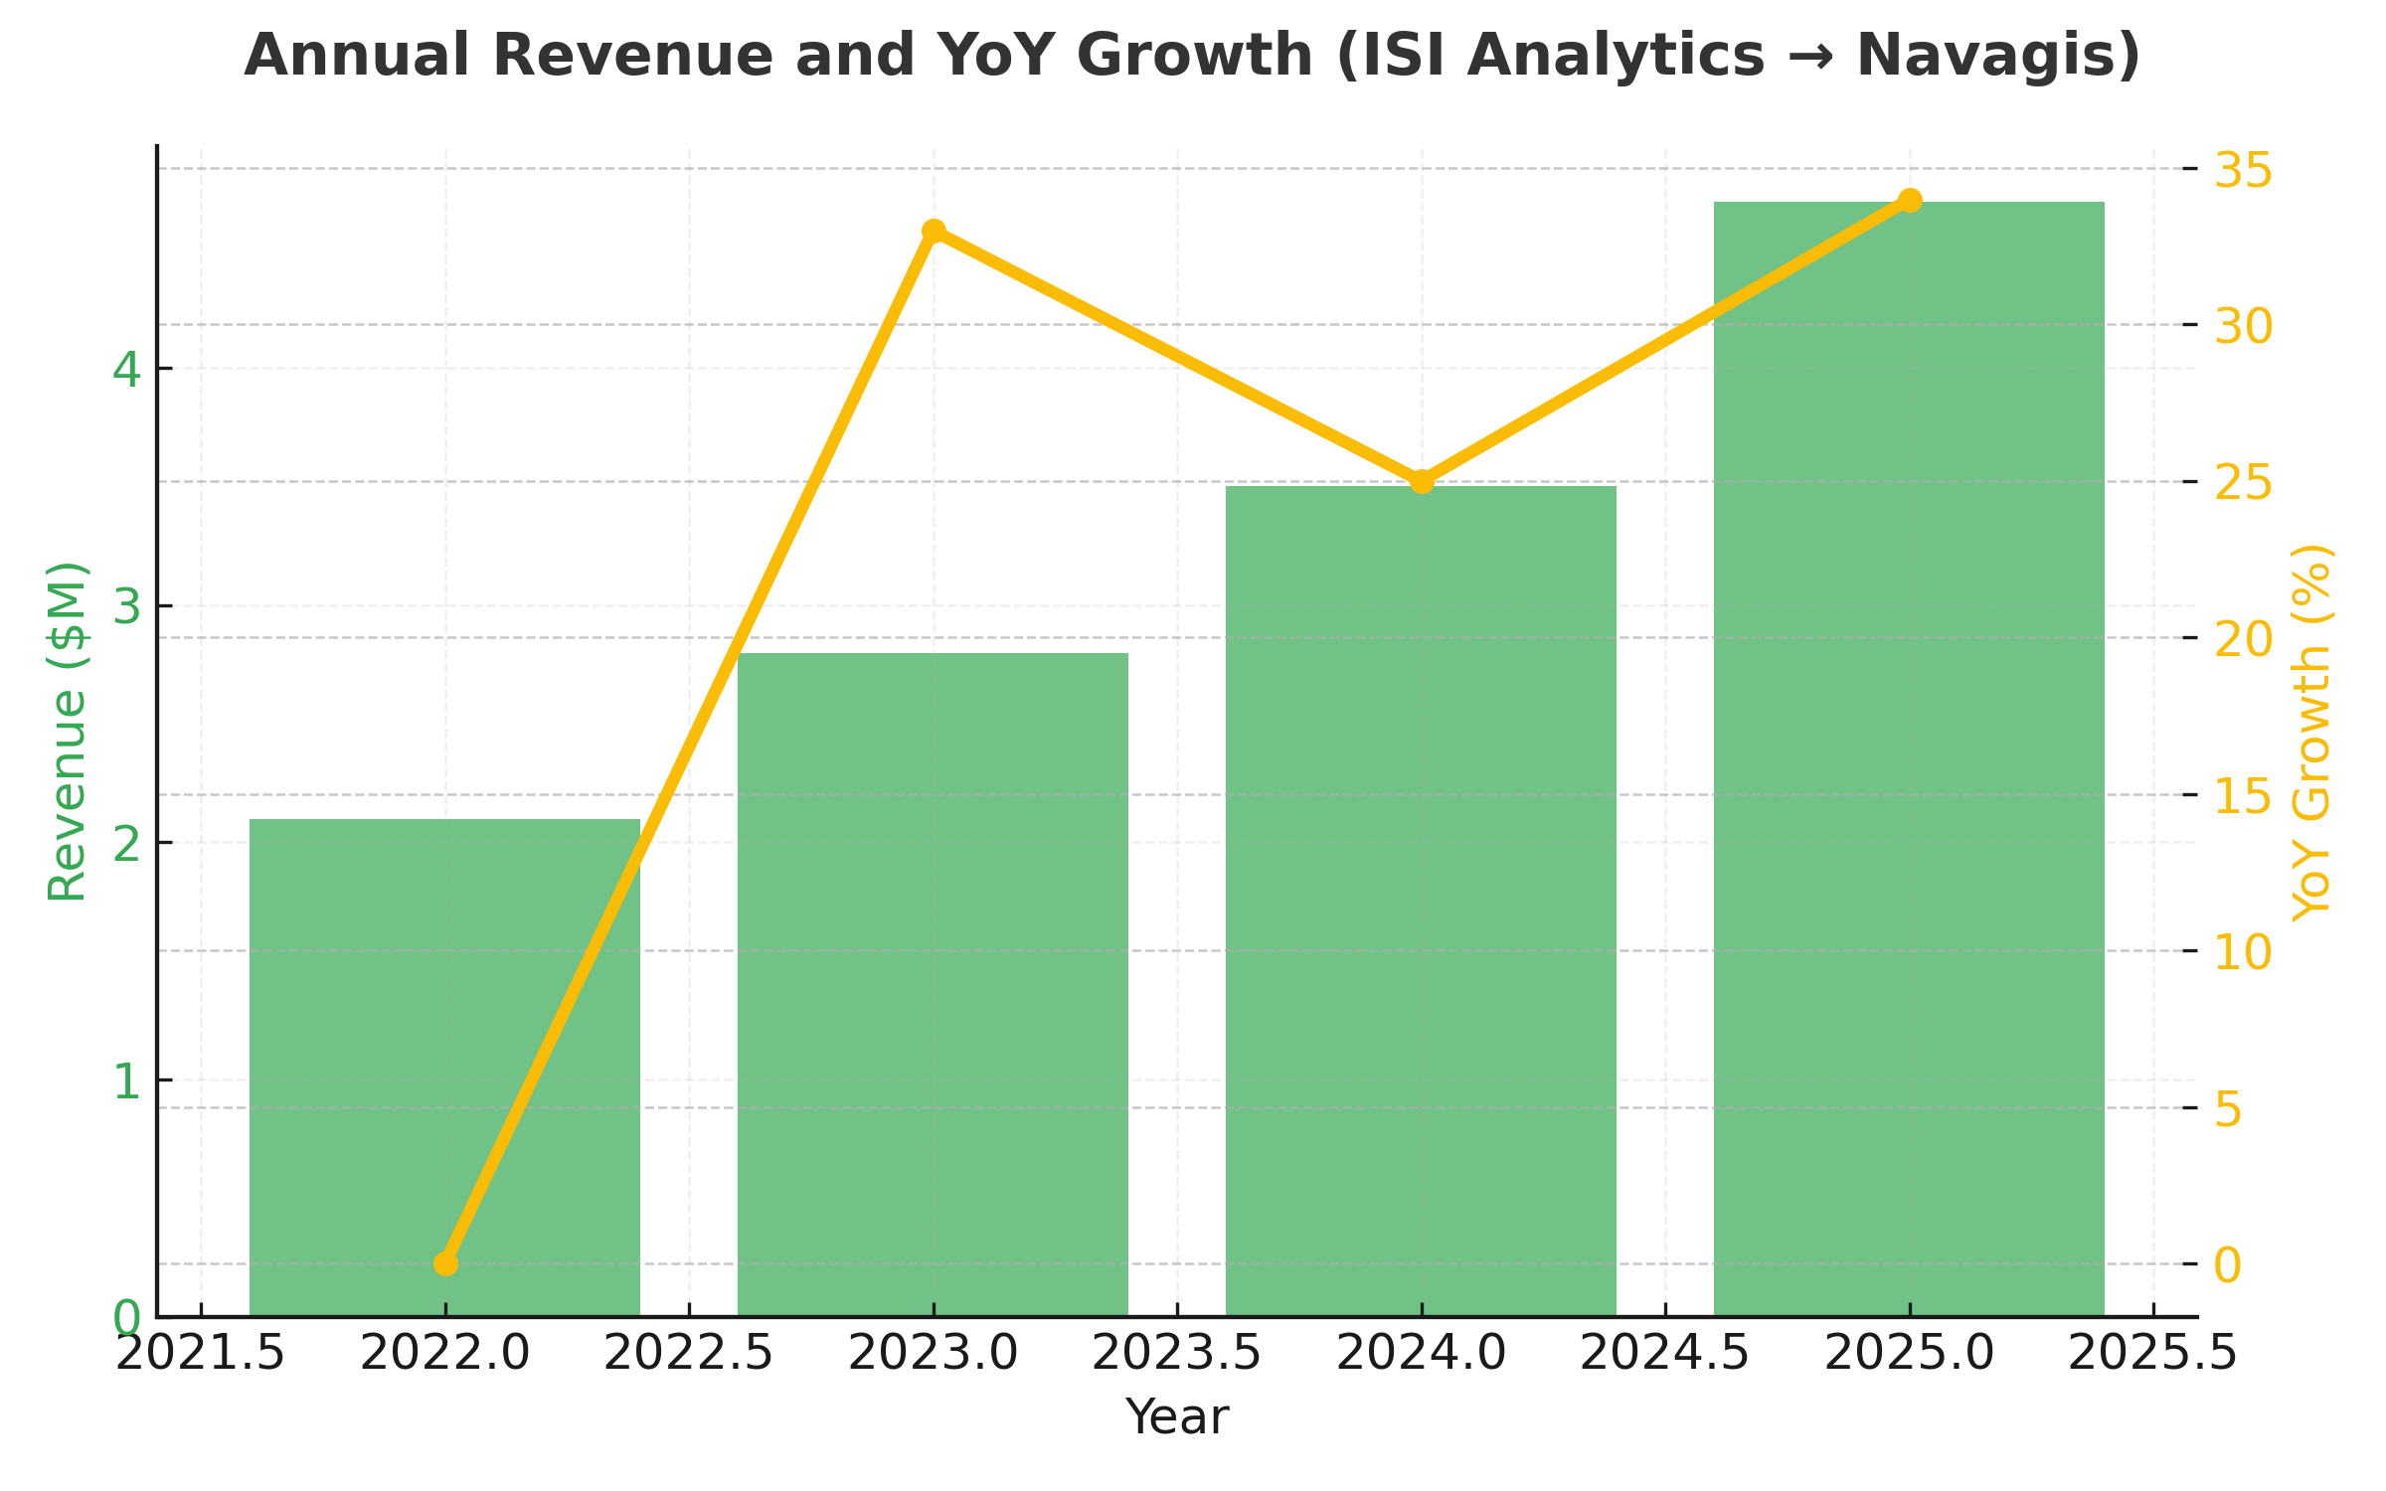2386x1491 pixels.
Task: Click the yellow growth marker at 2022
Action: pos(445,1263)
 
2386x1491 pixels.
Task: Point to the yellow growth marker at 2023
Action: pos(934,232)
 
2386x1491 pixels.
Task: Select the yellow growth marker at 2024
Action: pos(1422,482)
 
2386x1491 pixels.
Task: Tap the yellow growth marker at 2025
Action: pos(1910,201)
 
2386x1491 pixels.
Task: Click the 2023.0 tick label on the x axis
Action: pos(933,1354)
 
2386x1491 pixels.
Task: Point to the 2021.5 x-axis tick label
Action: pos(201,1354)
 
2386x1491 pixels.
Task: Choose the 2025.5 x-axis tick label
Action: pos(2152,1354)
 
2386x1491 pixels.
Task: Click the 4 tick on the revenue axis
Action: pos(126,370)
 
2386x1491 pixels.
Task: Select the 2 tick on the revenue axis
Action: pos(126,844)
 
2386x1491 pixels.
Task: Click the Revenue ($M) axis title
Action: pos(68,732)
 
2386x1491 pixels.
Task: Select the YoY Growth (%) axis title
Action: pos(2312,733)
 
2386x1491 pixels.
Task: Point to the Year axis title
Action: pos(1177,1416)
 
